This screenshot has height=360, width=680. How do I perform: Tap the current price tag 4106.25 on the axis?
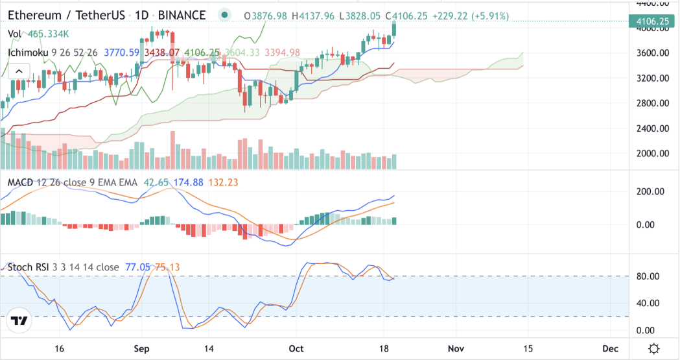(x=652, y=21)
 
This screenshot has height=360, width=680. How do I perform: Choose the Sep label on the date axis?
(x=143, y=348)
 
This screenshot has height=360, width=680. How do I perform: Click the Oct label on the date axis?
(x=296, y=348)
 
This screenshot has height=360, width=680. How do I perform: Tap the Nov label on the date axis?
(x=457, y=348)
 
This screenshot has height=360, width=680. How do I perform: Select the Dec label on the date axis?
(x=610, y=348)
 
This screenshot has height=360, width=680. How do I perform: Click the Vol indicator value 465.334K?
(x=49, y=34)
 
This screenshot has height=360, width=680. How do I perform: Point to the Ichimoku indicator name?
(x=29, y=53)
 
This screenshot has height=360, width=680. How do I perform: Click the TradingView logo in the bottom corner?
(x=19, y=321)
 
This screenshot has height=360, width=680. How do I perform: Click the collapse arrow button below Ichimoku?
(x=19, y=71)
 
